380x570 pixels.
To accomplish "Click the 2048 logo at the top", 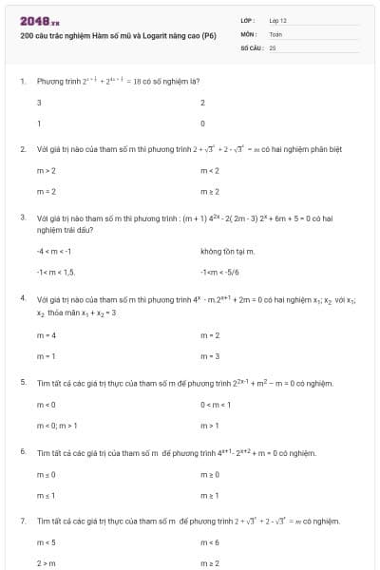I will [38, 20].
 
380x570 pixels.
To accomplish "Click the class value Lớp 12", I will [278, 19].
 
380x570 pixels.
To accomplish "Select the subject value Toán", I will [276, 32].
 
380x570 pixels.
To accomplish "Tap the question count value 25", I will [273, 46].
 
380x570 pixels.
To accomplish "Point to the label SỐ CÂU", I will [251, 46].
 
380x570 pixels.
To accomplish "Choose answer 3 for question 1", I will [39, 102].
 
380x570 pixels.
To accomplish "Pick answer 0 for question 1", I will [203, 123].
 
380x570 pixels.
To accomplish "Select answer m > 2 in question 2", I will [47, 170].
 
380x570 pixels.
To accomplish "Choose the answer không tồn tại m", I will [228, 251].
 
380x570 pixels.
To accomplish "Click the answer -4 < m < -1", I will [54, 251].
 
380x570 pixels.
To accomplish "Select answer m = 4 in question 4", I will [47, 334].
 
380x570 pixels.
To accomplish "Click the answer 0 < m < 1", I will [216, 404].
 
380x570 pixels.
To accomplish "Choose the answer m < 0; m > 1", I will [57, 426].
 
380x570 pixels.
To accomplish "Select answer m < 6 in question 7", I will [211, 542].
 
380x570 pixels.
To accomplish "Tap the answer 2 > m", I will [47, 563].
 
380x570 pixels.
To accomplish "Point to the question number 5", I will [22, 382].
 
